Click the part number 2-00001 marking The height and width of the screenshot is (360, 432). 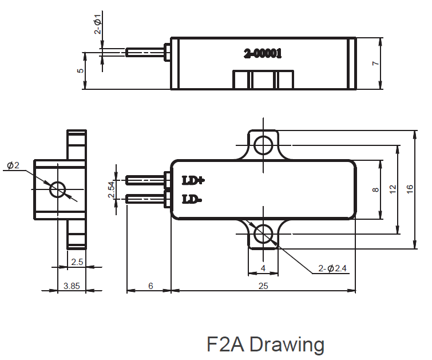point(263,53)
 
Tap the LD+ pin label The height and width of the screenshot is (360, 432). point(193,180)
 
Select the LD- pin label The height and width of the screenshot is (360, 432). point(192,199)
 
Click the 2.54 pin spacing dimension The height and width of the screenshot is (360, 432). point(112,189)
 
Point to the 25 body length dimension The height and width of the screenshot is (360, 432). point(263,286)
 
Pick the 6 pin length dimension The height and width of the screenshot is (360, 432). point(150,286)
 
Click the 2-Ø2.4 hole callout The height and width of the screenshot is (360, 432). point(332,268)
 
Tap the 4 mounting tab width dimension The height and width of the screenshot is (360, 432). point(263,268)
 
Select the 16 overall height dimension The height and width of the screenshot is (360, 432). point(410,189)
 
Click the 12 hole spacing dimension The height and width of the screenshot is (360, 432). point(393,189)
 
